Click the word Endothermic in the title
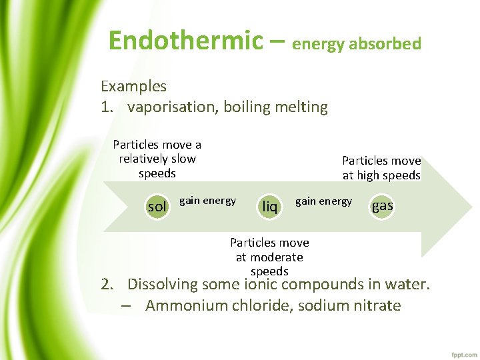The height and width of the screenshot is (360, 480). tap(186, 41)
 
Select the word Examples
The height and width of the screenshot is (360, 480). tap(133, 86)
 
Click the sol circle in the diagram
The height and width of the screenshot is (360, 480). tap(157, 206)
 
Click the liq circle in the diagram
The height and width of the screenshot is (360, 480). tap(269, 206)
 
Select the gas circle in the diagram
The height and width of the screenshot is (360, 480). tap(382, 205)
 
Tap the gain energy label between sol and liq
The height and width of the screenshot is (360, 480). tap(207, 201)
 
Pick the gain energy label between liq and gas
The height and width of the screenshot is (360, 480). tap(323, 201)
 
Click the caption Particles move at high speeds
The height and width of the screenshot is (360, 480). tap(381, 168)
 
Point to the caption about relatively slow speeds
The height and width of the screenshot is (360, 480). tap(157, 159)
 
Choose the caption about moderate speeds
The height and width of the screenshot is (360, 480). tap(269, 257)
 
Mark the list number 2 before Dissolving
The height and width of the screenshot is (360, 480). tap(107, 285)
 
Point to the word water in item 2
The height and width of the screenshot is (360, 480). tap(408, 285)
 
